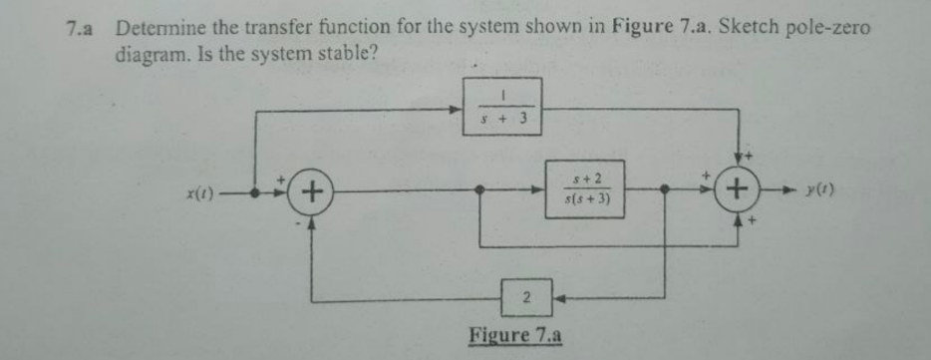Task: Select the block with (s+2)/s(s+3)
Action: (584, 188)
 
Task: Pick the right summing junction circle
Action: (737, 188)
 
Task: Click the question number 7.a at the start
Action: (74, 28)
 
